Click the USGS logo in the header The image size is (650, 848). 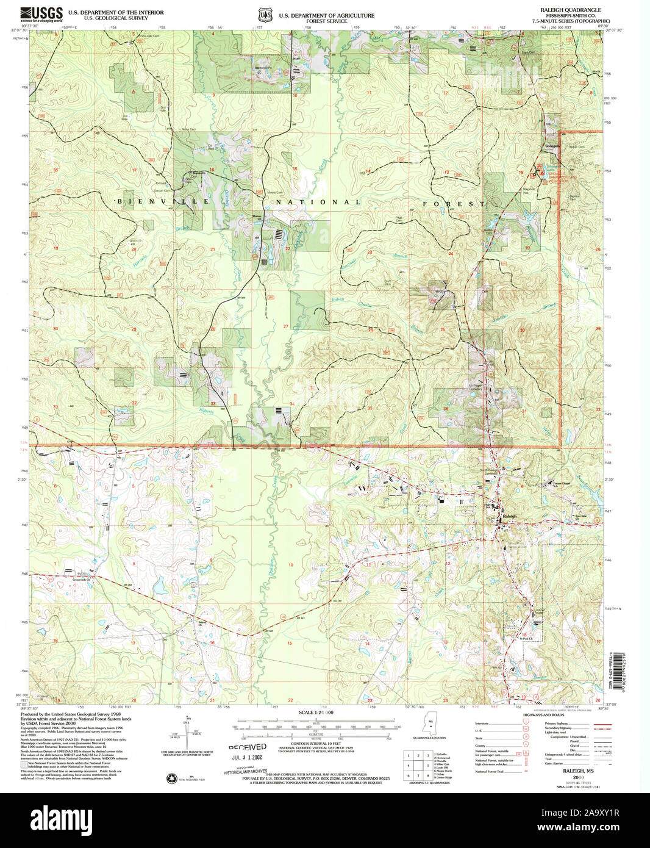coord(41,13)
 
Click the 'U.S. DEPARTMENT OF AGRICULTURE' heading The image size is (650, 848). coord(326,15)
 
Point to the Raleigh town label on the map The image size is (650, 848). coord(509,517)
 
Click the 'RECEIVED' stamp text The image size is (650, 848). coord(247,747)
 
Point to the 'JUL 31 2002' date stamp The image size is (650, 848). coord(246,757)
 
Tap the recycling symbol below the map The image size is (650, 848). coord(171,778)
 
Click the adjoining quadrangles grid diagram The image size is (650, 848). coord(418,765)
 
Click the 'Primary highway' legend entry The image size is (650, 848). coord(556,724)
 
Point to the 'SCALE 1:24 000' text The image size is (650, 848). coord(316,713)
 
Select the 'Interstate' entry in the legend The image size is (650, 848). coord(482,724)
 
